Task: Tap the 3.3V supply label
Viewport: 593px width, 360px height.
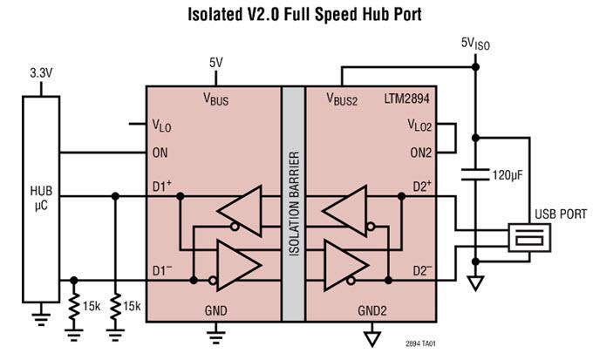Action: (42, 73)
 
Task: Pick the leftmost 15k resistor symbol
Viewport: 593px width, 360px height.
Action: (74, 308)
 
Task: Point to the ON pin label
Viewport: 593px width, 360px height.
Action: (160, 153)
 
